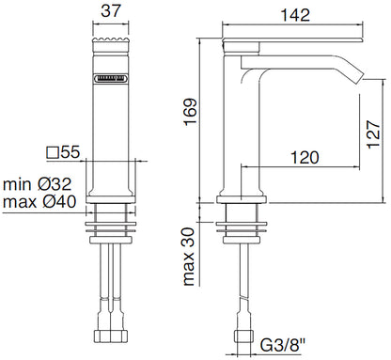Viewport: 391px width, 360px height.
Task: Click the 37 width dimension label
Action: (111, 10)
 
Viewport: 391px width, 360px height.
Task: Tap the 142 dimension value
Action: (295, 15)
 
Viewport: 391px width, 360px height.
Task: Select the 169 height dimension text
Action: (190, 112)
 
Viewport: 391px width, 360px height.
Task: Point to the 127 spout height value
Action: (373, 134)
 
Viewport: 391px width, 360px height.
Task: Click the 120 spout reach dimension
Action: (305, 157)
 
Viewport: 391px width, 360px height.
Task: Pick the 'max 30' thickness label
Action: (189, 257)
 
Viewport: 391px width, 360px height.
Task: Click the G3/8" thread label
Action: (283, 346)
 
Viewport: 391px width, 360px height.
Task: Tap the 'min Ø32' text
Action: (38, 184)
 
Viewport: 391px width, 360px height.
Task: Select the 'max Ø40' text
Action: (39, 201)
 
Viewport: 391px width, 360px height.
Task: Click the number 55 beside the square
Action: (70, 152)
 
